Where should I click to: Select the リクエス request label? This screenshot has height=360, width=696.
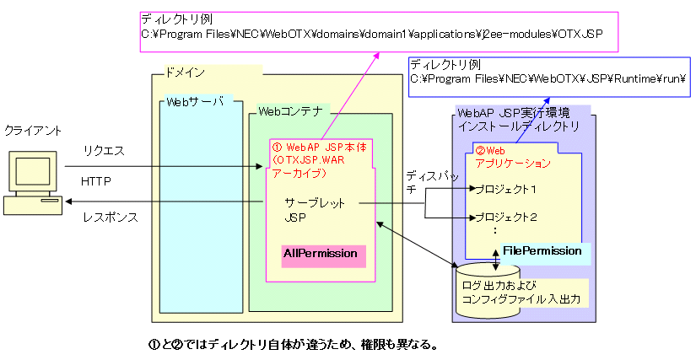[104, 150]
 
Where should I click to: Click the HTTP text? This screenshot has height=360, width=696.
[96, 181]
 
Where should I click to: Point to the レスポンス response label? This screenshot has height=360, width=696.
[110, 217]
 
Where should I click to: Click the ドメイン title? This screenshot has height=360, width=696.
[186, 73]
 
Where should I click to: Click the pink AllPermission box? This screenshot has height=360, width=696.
[320, 253]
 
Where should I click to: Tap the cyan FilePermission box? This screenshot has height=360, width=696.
[542, 250]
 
